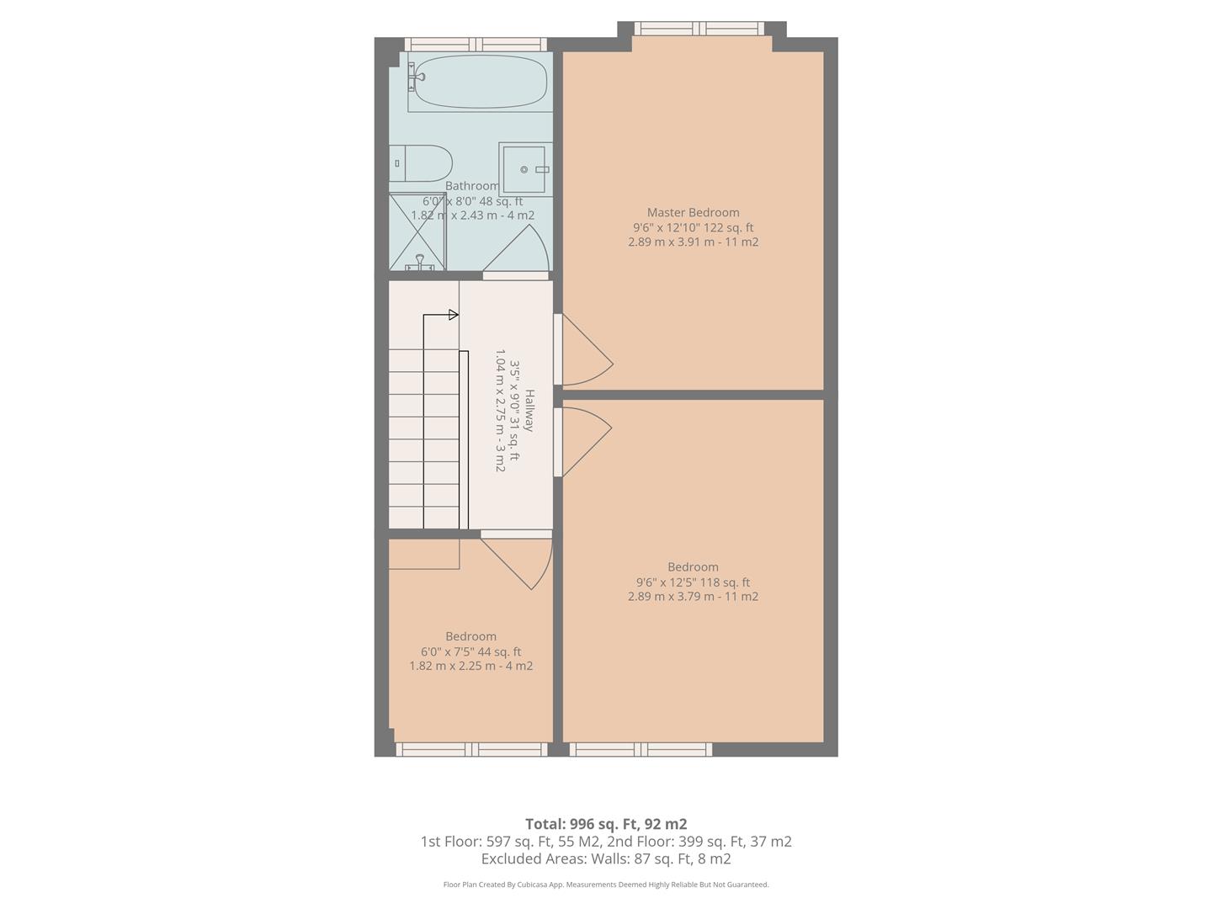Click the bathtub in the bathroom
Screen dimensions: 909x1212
[x=477, y=82]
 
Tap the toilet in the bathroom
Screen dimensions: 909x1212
[x=423, y=163]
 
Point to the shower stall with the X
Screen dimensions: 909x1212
[x=417, y=231]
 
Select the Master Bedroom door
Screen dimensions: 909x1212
[x=584, y=350]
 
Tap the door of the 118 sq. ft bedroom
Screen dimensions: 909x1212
[x=584, y=441]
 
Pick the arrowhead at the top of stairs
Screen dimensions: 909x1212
[x=454, y=315]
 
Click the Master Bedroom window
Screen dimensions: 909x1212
[x=699, y=29]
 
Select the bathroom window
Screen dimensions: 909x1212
[x=476, y=45]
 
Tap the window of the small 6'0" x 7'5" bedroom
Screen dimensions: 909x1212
[x=471, y=749]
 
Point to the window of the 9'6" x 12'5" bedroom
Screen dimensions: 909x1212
[x=641, y=749]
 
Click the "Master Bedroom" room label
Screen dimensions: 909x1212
[x=693, y=213]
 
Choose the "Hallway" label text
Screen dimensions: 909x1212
[x=529, y=410]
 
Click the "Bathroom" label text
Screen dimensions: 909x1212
[x=471, y=186]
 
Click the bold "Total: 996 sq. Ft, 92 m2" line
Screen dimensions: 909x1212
[x=606, y=824]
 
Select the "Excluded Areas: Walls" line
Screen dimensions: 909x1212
[x=606, y=859]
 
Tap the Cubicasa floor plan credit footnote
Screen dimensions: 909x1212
[x=606, y=885]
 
